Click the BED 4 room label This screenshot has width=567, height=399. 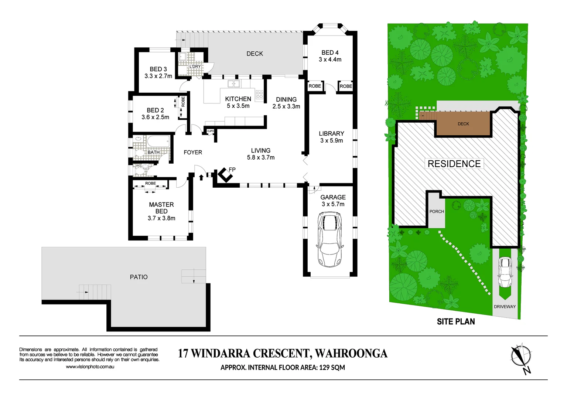point(330,52)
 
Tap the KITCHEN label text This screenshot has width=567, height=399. point(238,99)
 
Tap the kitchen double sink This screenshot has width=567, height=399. point(233,83)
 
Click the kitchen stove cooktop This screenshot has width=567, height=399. point(259,95)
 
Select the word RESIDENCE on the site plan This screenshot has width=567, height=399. point(454,164)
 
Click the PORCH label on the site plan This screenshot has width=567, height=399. point(437,211)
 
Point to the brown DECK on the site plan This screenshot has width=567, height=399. point(463,124)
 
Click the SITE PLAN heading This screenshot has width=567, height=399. point(456,321)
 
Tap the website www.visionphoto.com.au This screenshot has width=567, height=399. point(90,366)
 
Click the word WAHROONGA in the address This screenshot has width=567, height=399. point(351,354)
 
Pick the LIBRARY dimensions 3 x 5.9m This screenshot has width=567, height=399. point(331,140)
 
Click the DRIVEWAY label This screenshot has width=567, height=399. point(505,306)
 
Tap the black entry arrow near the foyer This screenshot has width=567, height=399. point(201,177)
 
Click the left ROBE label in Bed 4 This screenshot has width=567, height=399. point(315,86)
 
